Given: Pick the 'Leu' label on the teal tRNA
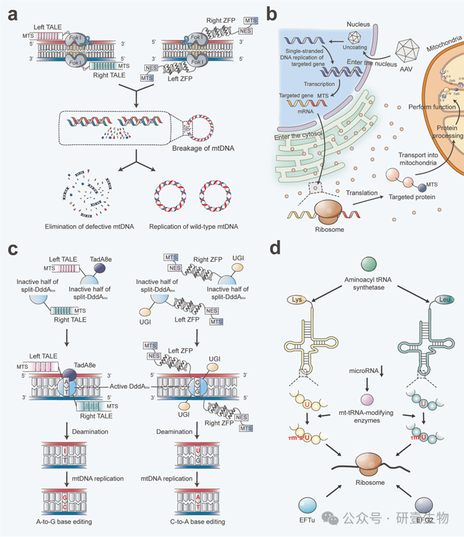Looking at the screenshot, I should (x=427, y=299).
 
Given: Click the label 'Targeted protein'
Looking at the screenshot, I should (x=411, y=196).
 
